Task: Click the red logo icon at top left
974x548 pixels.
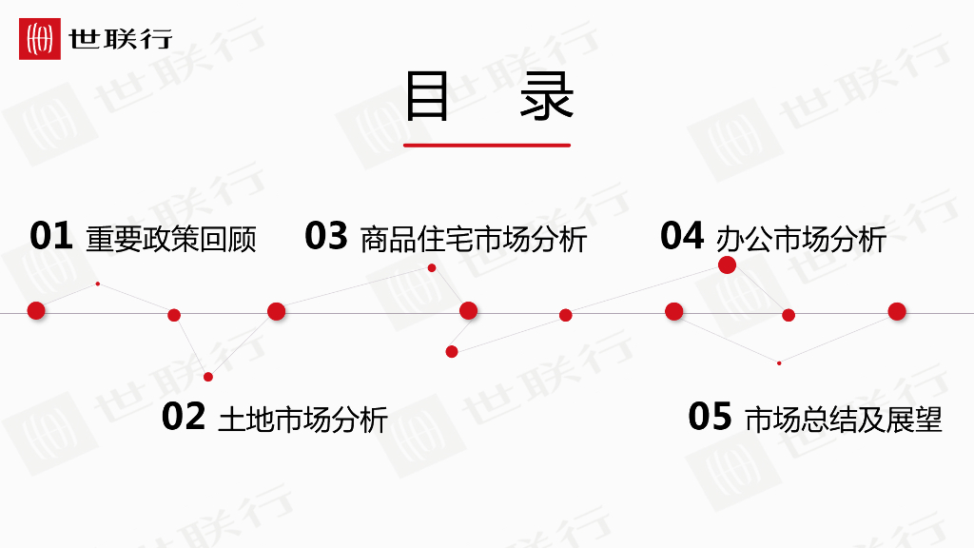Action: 40,39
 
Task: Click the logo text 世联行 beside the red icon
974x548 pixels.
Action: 120,39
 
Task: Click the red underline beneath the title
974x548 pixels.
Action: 487,146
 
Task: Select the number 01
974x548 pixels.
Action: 51,236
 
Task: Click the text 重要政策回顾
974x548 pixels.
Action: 171,238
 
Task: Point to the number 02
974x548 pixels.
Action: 184,417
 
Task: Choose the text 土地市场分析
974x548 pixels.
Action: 302,419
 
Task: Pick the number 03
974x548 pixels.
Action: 326,236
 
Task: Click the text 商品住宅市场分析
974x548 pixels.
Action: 474,238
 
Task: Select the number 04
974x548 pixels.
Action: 682,236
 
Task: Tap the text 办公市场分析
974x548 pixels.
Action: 801,238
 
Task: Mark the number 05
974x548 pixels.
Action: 710,417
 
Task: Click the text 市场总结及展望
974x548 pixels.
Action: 844,419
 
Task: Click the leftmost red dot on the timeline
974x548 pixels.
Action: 36,310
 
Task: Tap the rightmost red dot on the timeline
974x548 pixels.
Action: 897,311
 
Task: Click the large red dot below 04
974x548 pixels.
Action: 727,264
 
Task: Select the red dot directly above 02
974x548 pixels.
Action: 208,377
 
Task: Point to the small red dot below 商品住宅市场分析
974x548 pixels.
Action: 432,268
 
